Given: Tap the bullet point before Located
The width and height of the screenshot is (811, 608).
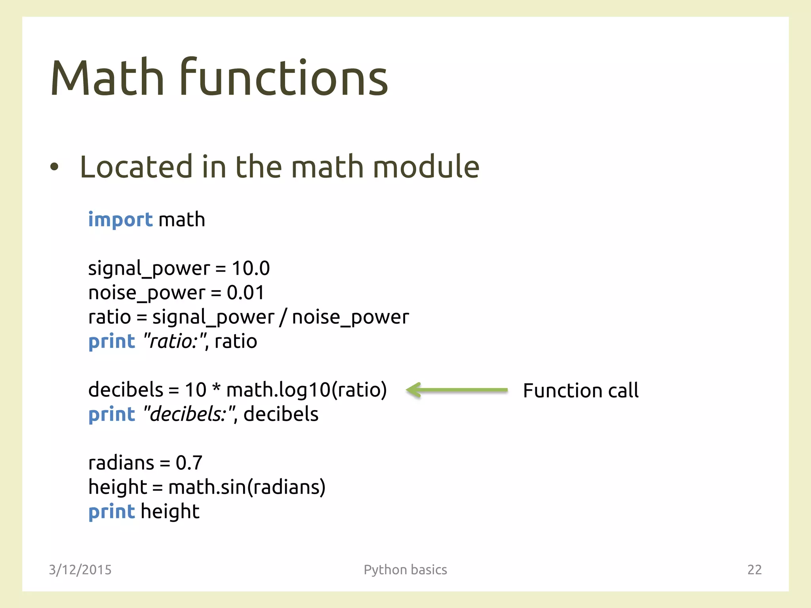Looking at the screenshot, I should (x=54, y=167).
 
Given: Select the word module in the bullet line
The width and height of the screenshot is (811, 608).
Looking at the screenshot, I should (x=426, y=167).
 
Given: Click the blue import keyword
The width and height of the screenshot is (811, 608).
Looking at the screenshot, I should (x=120, y=220).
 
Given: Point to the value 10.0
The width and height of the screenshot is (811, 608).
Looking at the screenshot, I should (x=251, y=268).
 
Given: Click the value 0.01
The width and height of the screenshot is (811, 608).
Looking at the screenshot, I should (x=245, y=293).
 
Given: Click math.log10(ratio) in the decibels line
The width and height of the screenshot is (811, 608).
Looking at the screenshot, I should (x=306, y=390).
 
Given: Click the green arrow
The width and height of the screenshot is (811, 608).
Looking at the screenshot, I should (x=457, y=390).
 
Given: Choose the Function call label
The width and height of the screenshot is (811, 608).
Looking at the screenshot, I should (x=581, y=391).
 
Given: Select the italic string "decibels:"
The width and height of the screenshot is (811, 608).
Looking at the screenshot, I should (x=190, y=414).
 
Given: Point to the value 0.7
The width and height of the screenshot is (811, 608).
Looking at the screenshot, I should (x=189, y=463).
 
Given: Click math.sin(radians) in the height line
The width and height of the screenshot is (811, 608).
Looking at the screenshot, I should (x=247, y=487).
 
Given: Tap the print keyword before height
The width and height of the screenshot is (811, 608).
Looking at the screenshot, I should (x=112, y=512).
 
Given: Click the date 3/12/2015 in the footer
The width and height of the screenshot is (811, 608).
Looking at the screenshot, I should (x=80, y=570).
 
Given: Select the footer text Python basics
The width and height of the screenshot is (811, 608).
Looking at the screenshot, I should (x=405, y=570).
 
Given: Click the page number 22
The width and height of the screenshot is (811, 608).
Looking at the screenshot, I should (x=754, y=570).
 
